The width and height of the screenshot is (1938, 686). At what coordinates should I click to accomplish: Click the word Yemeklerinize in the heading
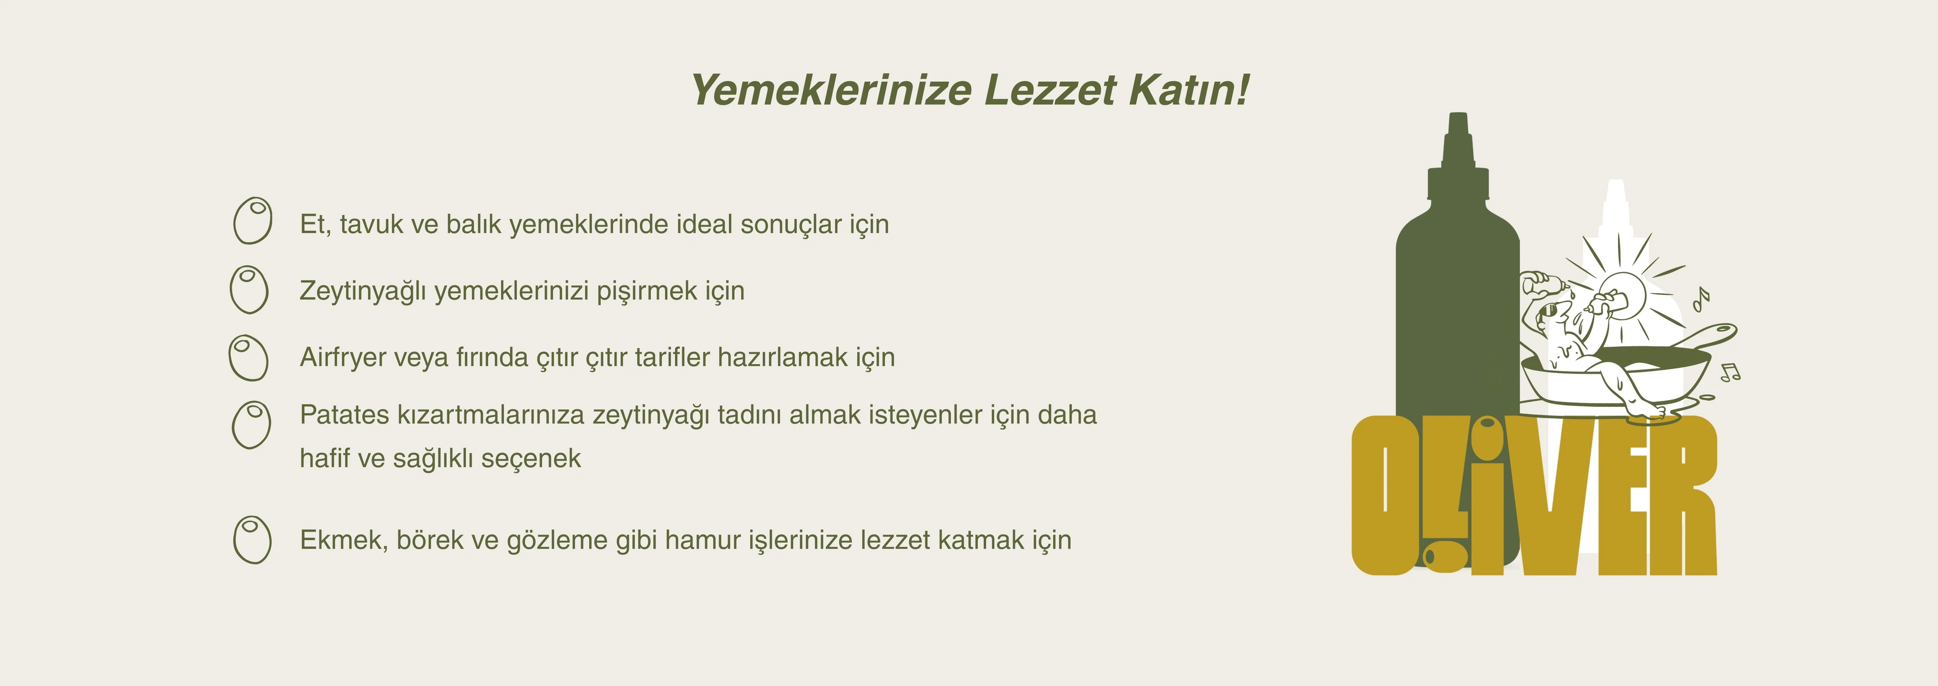tap(831, 90)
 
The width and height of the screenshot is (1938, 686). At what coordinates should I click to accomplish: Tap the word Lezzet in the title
tap(1050, 90)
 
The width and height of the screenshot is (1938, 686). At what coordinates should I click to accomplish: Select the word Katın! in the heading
tap(1189, 90)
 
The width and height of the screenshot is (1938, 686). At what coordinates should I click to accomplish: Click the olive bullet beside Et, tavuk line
tap(253, 221)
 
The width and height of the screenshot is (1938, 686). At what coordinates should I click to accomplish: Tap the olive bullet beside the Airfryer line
tap(248, 357)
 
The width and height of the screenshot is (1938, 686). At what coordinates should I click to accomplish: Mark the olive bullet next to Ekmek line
tap(252, 539)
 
